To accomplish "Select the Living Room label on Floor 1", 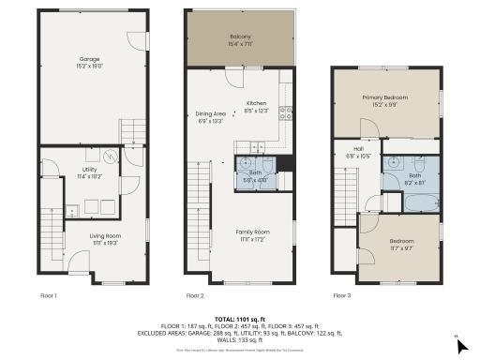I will (x=105, y=238).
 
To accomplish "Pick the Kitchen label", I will (x=257, y=107).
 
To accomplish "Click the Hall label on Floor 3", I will (x=359, y=151).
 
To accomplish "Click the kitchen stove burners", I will (x=286, y=113).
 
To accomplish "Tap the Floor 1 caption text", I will (x=49, y=295).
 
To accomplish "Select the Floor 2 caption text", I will (x=195, y=295).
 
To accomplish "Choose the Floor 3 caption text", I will (x=341, y=295).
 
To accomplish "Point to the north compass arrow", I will (x=462, y=344).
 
